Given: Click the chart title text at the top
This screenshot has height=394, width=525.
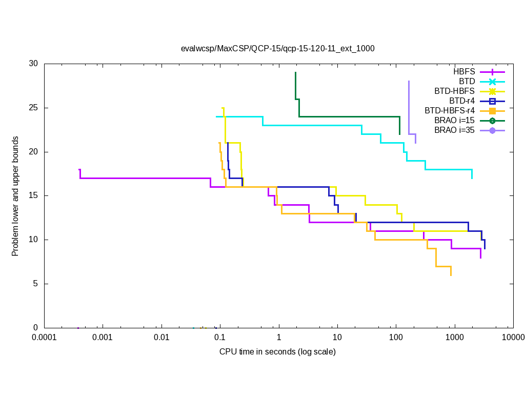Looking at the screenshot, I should click(x=277, y=49).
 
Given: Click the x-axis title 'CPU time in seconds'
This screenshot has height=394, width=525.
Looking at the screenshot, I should click(x=277, y=351).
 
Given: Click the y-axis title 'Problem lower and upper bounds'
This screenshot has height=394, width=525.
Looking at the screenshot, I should click(x=16, y=196).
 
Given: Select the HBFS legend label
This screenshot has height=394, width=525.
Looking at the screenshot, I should click(x=464, y=71).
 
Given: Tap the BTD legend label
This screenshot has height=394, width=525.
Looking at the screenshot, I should click(x=467, y=81).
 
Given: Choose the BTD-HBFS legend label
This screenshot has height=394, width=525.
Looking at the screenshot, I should click(x=454, y=91).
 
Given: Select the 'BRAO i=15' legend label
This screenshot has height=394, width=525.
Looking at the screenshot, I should click(x=454, y=120).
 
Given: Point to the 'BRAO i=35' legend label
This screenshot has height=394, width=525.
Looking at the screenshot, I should click(x=454, y=130).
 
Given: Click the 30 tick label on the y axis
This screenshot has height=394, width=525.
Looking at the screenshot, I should click(x=33, y=64).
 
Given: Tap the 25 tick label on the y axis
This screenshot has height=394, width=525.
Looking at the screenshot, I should click(x=33, y=108).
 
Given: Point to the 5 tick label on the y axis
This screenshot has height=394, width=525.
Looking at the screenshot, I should click(x=35, y=284).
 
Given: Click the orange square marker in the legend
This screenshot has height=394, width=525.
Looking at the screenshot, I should click(x=492, y=111).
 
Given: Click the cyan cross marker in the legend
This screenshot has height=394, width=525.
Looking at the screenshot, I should click(x=492, y=82).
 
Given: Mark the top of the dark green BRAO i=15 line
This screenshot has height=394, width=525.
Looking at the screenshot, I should click(x=295, y=72).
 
